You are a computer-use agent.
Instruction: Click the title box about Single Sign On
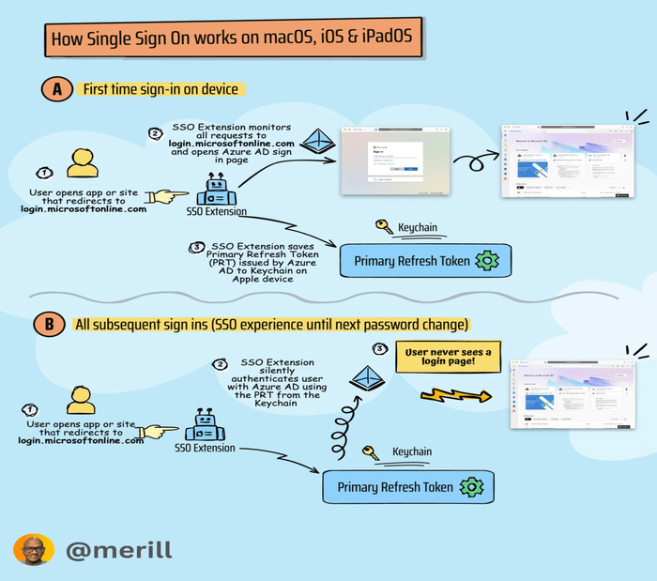click(232, 40)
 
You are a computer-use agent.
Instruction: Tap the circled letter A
click(56, 90)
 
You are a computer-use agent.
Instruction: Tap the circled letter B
click(49, 325)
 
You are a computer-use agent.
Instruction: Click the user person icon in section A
click(83, 162)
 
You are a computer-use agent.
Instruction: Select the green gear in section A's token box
click(487, 261)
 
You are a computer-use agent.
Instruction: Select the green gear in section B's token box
click(472, 487)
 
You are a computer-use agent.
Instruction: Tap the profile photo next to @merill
click(28, 550)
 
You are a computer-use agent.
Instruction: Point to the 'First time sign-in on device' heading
click(161, 90)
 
